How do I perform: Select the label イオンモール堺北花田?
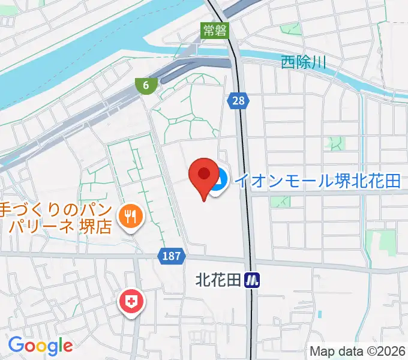(x=317, y=181)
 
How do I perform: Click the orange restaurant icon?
(x=130, y=215)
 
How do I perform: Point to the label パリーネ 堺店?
(x=60, y=227)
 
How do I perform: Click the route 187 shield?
(x=171, y=256)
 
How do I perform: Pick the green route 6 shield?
(x=146, y=85)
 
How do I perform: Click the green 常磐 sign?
(x=215, y=31)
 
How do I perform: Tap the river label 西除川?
(x=303, y=62)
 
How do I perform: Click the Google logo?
(x=40, y=346)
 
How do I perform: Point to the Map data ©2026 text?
(x=358, y=351)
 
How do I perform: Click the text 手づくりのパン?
(x=53, y=210)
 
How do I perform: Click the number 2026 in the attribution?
(x=392, y=351)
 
